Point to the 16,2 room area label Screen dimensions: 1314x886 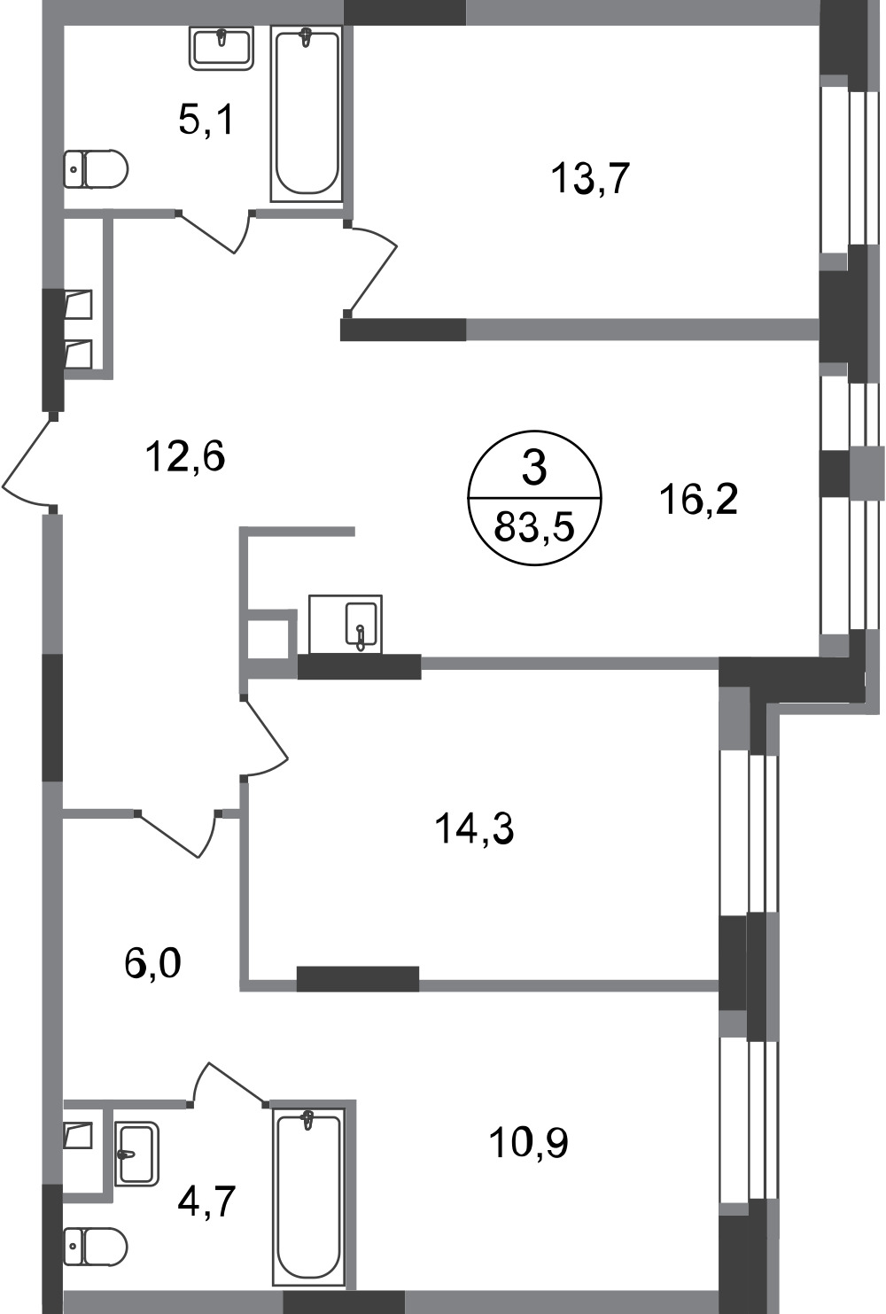[x=698, y=500]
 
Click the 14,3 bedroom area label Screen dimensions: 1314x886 [x=474, y=830]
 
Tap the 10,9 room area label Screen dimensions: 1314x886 [x=528, y=1143]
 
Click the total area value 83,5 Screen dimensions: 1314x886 [x=534, y=528]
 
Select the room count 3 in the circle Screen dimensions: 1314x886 [x=534, y=468]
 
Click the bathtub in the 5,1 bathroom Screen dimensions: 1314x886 [x=307, y=113]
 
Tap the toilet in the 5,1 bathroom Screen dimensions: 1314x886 [x=96, y=168]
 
